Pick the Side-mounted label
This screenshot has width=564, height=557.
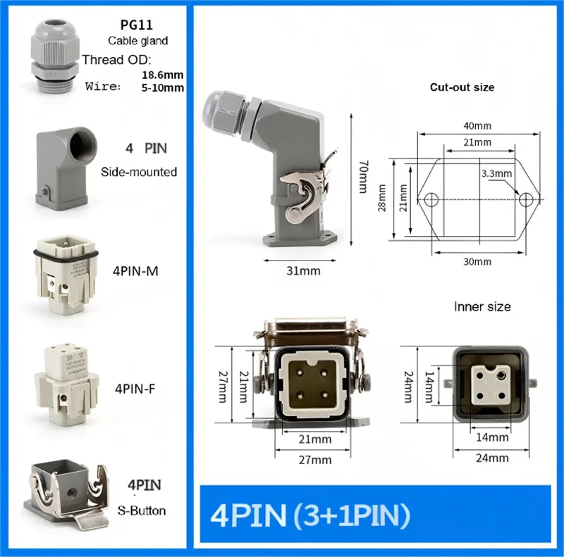tap(139, 171)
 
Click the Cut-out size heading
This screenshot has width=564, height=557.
tap(462, 87)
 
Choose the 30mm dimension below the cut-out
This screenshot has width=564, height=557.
tap(478, 261)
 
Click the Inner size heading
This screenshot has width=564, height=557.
tap(482, 307)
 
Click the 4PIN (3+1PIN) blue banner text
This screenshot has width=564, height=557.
tap(310, 516)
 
